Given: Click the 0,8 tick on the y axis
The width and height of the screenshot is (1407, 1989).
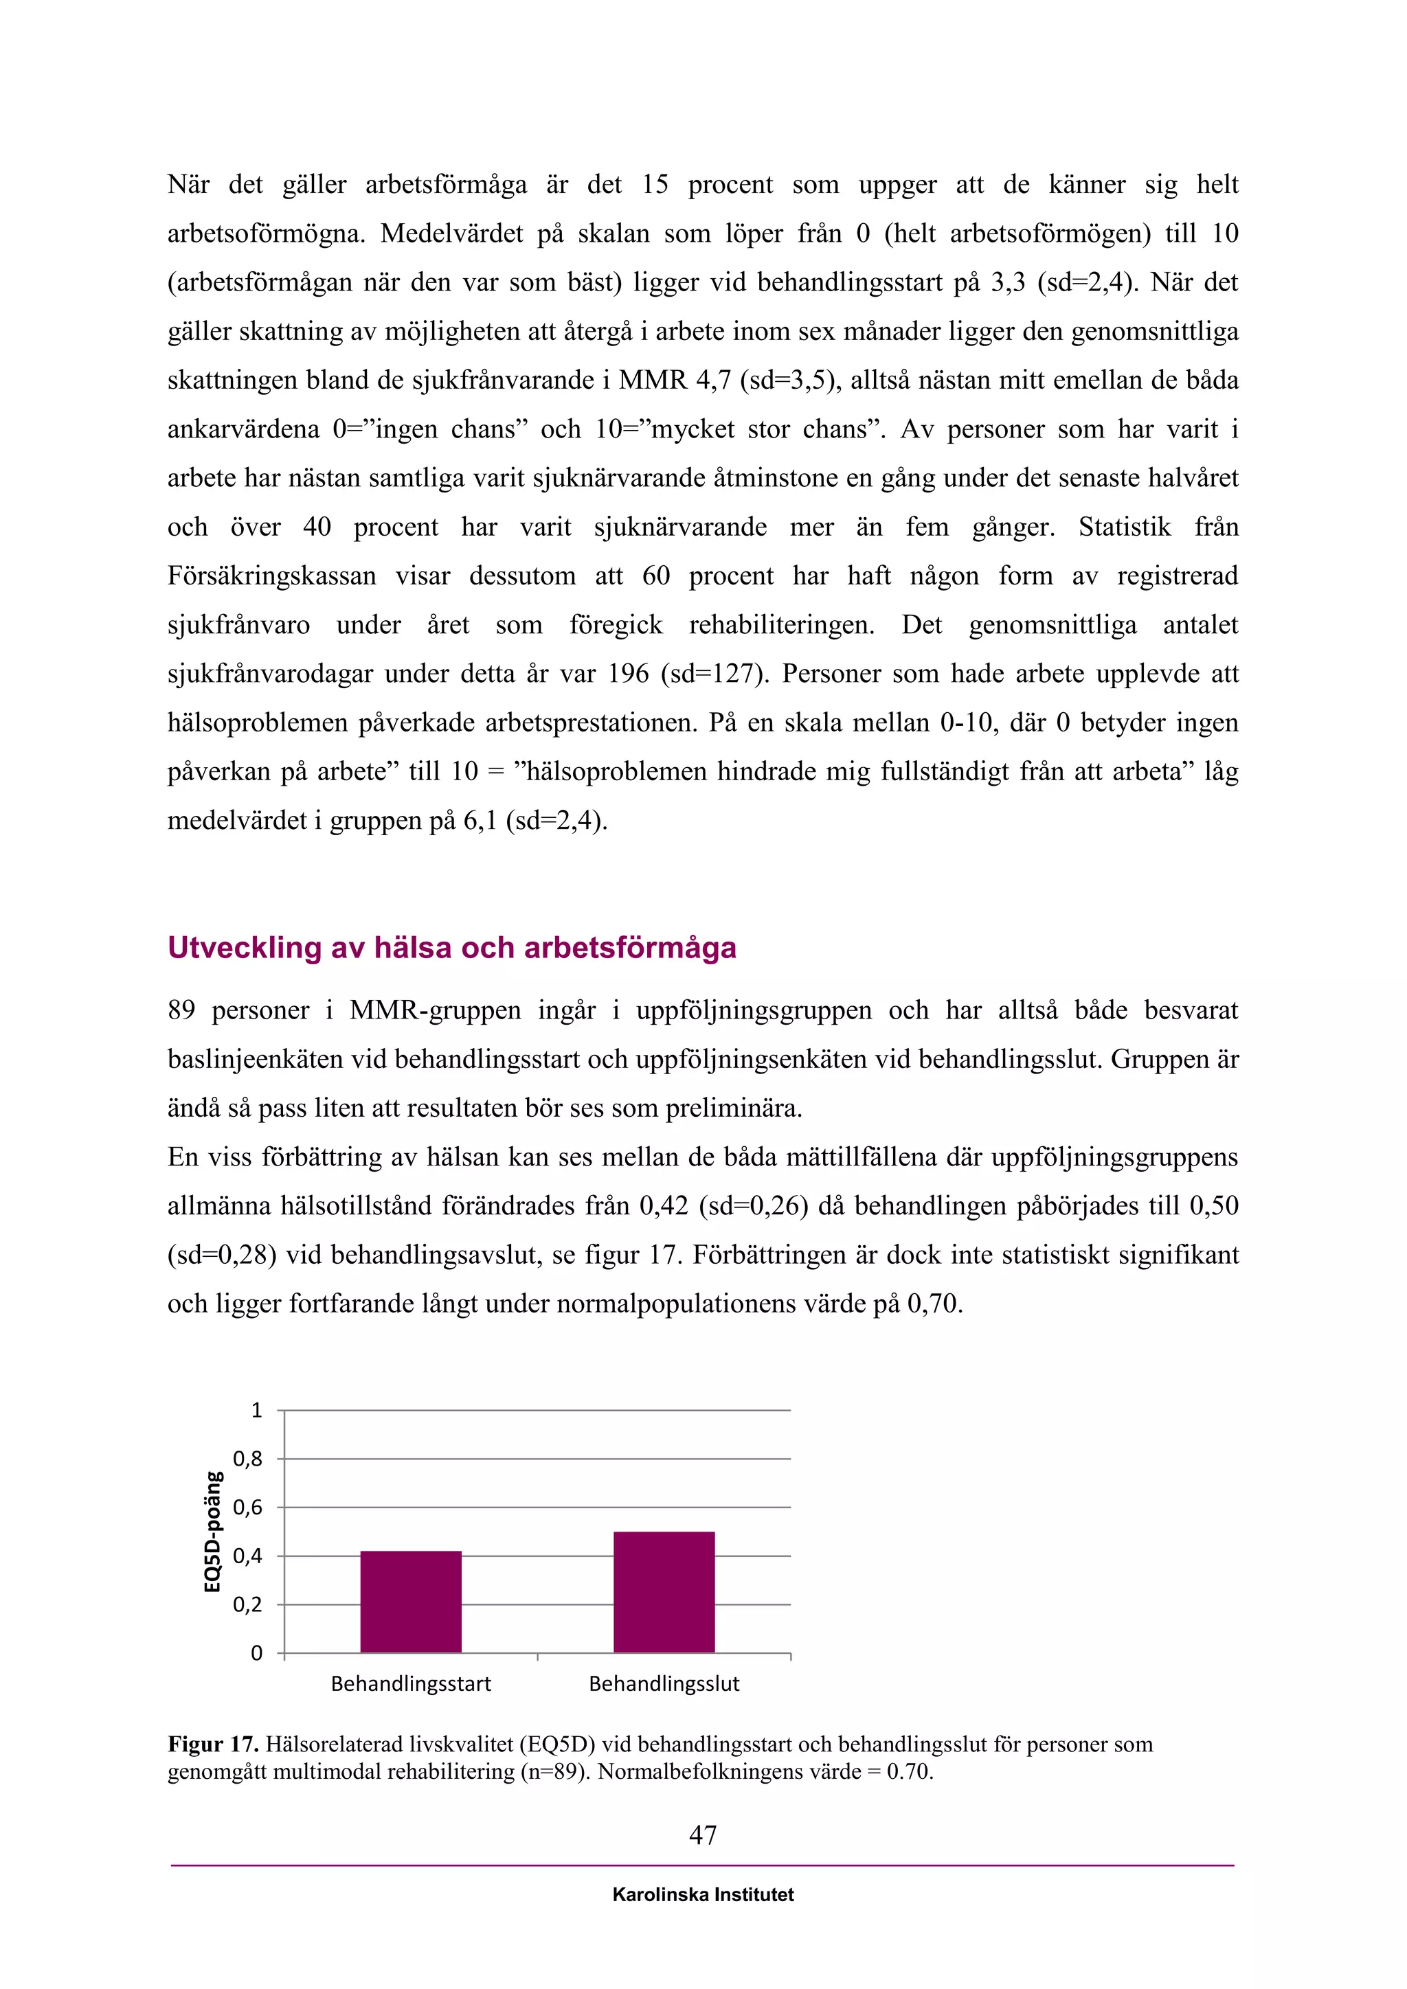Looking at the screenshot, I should point(247,1459).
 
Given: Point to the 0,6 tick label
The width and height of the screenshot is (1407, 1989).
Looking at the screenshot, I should point(247,1508).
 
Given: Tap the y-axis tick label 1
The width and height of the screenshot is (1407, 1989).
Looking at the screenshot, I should point(256,1410).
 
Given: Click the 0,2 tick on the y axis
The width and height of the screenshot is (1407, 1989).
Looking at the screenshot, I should point(247,1604).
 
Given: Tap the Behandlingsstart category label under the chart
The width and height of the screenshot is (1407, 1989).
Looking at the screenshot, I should point(411,1684).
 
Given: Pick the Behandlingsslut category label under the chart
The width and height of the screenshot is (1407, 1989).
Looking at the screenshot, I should point(664,1684).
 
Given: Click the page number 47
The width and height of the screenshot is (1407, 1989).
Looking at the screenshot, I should point(703,1834).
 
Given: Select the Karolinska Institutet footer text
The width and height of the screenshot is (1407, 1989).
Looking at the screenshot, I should point(703,1895).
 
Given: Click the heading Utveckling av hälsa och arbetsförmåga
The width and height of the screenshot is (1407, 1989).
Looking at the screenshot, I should point(451,948).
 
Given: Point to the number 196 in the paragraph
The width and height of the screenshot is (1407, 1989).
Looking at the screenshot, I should point(628,674).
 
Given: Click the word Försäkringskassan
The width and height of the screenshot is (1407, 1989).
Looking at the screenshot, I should point(271,576).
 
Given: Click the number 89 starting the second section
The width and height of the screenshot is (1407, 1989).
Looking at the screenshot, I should point(181,1010).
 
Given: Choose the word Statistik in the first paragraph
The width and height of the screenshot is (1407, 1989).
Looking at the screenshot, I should point(1124,527).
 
